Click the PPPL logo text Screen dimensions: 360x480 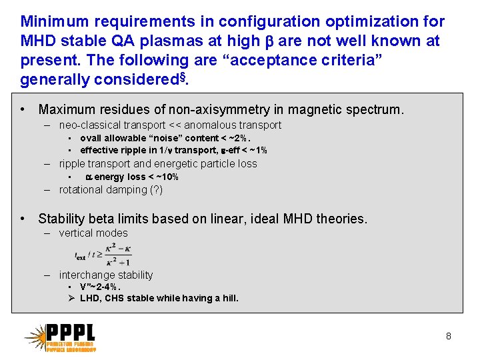(71, 333)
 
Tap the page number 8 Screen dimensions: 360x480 (449, 336)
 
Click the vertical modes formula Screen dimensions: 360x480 (103, 254)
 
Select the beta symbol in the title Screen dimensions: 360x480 (269, 41)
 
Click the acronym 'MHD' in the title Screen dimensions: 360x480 (40, 41)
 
